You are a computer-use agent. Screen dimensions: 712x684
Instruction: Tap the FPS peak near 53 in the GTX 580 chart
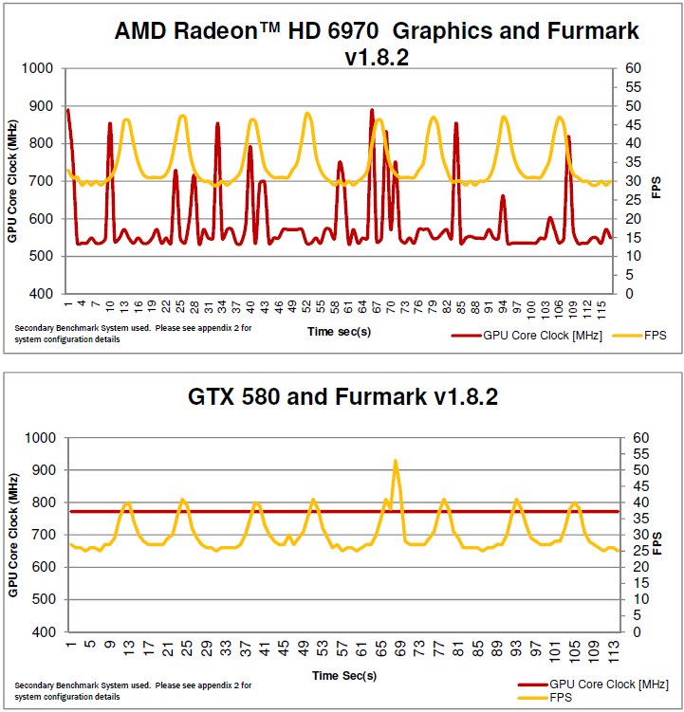point(395,462)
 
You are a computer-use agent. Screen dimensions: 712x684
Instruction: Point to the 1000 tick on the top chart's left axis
point(37,68)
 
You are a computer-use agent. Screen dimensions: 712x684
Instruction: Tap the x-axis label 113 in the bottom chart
point(614,647)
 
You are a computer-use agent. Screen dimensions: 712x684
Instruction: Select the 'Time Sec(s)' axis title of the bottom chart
point(344,676)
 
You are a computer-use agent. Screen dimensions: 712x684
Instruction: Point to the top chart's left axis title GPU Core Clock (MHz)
point(12,181)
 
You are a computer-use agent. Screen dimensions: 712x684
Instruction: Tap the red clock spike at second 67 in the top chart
point(372,111)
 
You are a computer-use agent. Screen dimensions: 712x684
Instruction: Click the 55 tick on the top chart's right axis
point(632,87)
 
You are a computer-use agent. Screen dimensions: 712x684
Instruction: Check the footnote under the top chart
point(134,334)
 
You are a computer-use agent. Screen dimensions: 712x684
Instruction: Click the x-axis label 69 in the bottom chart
point(399,647)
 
